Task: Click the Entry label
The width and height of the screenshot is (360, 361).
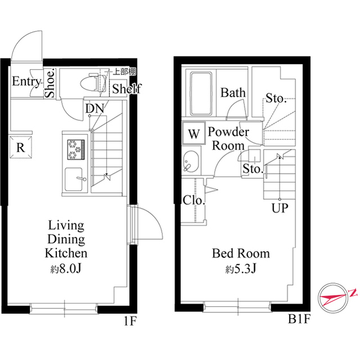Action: coord(26,82)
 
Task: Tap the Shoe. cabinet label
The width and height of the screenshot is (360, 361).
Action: coord(50,84)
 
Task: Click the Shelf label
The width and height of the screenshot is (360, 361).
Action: coord(126,89)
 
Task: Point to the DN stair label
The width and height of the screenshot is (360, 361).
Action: coord(94,108)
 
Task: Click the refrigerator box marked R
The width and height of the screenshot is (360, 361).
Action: coord(20,148)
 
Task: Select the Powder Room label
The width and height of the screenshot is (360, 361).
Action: coord(228,139)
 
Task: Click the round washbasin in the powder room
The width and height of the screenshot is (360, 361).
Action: coord(189,162)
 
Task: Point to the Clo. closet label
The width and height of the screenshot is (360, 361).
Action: coord(194,200)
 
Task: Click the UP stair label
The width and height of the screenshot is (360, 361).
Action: coord(279,209)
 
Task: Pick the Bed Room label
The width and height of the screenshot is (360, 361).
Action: coord(241,253)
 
